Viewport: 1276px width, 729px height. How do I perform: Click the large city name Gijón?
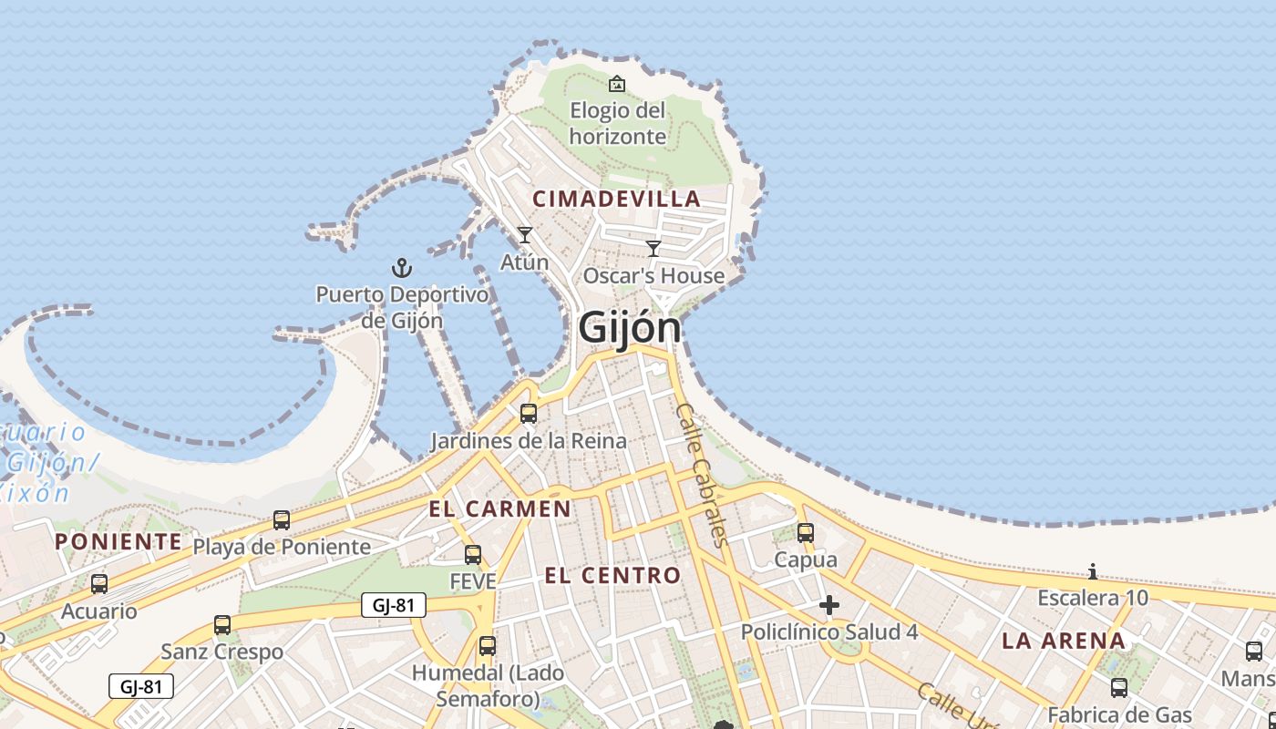[x=630, y=327]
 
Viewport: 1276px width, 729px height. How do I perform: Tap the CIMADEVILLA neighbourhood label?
[x=617, y=199]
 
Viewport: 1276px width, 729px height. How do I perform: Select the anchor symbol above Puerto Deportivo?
[x=402, y=268]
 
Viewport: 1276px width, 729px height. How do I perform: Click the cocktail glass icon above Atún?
[x=525, y=235]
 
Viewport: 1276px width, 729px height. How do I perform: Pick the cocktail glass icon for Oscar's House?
[x=653, y=248]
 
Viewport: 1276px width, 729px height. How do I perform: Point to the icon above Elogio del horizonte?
[x=617, y=84]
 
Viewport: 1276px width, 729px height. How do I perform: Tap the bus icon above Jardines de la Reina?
[x=529, y=414]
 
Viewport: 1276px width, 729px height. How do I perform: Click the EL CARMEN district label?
[x=500, y=508]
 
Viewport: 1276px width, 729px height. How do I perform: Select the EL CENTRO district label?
[x=612, y=575]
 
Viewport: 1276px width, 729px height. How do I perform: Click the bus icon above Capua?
[x=806, y=533]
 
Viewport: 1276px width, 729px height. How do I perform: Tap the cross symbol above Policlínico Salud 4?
[x=829, y=605]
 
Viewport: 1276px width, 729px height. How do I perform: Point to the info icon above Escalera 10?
[x=1093, y=571]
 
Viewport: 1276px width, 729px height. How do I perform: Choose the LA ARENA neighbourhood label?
[x=1064, y=641]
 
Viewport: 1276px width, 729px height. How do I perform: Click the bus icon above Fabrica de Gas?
[x=1119, y=688]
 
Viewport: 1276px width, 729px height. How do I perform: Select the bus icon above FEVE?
[x=473, y=554]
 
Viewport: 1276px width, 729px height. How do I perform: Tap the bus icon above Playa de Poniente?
[x=282, y=520]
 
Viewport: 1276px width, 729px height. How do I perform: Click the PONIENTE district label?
[x=118, y=541]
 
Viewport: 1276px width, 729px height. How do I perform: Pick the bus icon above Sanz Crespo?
[x=222, y=625]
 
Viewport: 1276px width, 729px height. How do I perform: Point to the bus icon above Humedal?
[x=488, y=646]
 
